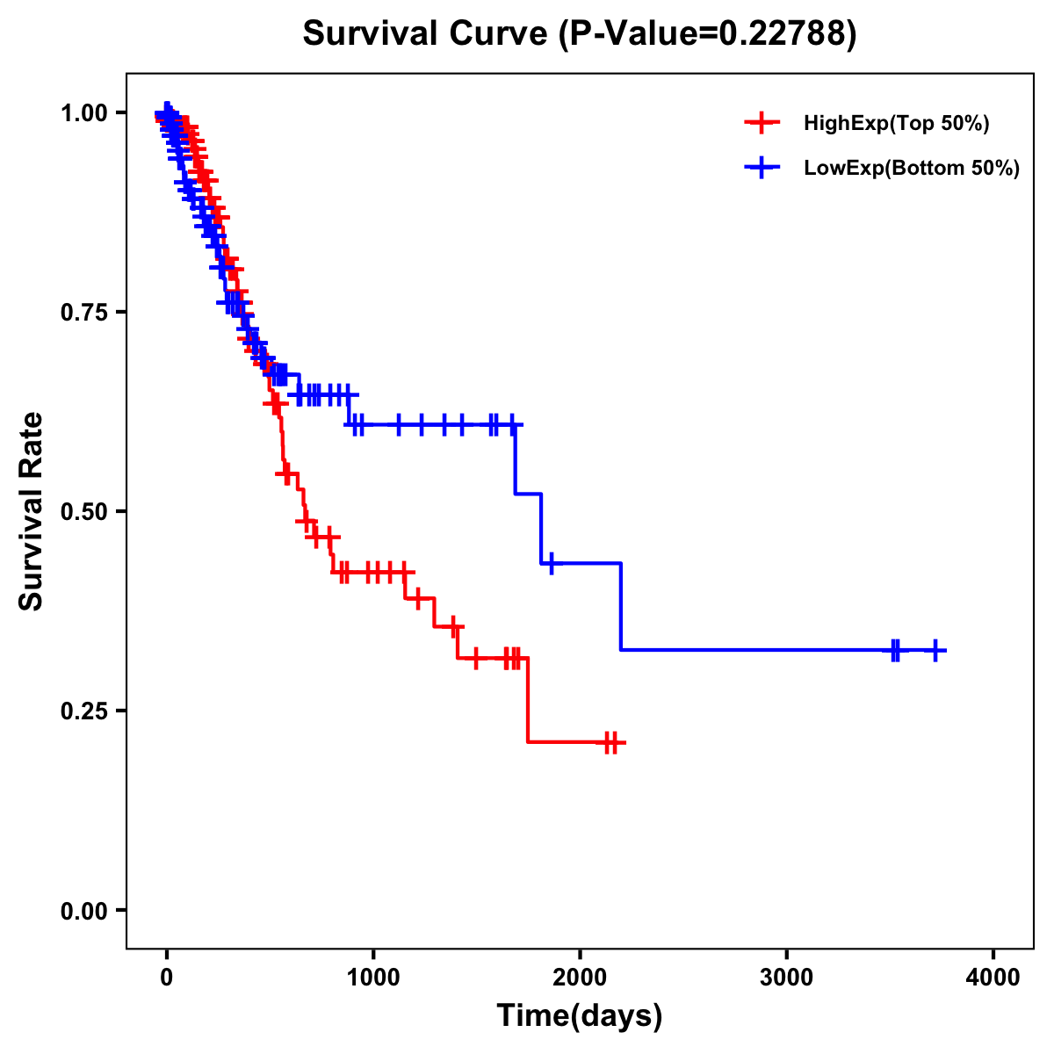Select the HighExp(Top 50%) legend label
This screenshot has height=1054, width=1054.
(896, 124)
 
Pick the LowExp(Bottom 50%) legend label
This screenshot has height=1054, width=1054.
(912, 169)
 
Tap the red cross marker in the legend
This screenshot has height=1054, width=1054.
(762, 123)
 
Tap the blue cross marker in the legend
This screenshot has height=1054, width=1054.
(762, 168)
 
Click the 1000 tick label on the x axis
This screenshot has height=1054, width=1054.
(373, 977)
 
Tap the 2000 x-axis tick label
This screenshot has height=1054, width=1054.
(580, 977)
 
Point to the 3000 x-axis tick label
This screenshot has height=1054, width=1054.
(786, 977)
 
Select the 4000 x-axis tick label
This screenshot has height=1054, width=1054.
(993, 977)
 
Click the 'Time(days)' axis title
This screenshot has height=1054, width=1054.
(580, 1016)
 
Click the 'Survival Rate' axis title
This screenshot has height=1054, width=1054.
(32, 511)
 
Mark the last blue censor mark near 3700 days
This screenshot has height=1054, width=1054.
(935, 650)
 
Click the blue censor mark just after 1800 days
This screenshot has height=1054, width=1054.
(552, 563)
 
